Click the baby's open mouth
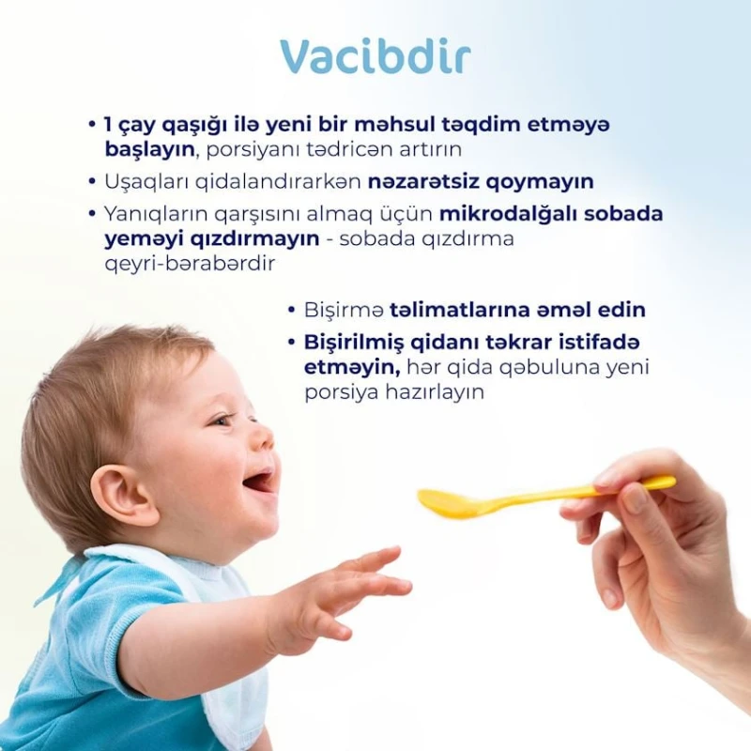pos(257,482)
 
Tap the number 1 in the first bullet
pos(108,124)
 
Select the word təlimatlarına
pos(451,310)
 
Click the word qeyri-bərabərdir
pos(190,264)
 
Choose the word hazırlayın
pos(432,392)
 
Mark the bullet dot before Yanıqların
pos(91,213)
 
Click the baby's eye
pos(222,420)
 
